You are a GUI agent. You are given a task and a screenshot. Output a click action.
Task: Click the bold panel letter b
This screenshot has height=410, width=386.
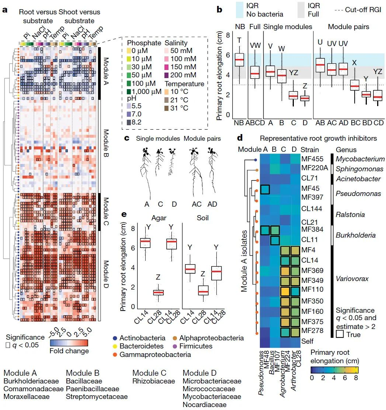219,10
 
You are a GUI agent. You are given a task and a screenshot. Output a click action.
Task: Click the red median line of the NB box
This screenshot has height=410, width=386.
240,59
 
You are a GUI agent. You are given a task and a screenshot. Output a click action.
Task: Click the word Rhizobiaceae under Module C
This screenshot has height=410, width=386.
154,381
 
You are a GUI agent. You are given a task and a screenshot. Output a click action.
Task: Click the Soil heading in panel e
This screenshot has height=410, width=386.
202,218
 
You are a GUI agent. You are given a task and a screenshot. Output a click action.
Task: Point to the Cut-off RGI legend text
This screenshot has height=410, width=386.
365,10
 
